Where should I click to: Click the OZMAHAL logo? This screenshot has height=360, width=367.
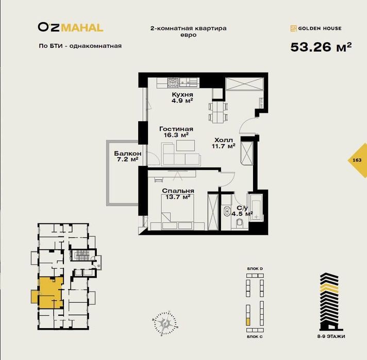click(71, 27)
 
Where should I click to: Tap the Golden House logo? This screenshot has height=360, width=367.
click(316, 28)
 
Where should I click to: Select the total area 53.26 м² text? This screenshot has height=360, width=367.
click(321, 47)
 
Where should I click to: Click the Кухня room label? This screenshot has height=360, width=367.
click(182, 94)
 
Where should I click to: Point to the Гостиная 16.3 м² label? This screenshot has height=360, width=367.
click(176, 132)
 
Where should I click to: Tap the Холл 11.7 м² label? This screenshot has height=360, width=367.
click(224, 143)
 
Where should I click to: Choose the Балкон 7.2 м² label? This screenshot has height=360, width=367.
click(127, 157)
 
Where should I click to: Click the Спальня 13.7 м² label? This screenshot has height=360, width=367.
click(178, 194)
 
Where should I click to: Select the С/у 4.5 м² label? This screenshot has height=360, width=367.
click(242, 211)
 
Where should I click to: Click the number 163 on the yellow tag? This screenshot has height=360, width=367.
click(357, 160)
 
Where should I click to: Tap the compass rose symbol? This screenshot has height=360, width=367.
click(164, 323)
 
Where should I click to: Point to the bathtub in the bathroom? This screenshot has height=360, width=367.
click(256, 207)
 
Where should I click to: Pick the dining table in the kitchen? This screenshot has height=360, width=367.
click(218, 112)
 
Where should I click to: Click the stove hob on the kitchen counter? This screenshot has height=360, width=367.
click(173, 82)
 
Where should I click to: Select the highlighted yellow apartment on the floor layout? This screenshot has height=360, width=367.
click(51, 293)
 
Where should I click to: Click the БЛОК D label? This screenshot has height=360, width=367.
click(255, 269)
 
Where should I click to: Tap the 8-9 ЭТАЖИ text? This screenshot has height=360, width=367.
click(331, 336)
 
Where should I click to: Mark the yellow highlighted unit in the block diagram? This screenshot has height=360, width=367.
click(248, 322)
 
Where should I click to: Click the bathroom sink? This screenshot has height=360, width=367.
click(227, 211)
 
